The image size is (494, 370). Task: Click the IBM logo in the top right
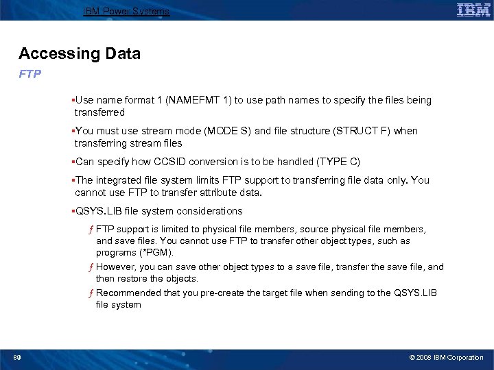coord(473,10)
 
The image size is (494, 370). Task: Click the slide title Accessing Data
coord(80,53)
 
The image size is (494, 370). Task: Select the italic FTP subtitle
coord(30,73)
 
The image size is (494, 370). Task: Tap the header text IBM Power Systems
coord(126,12)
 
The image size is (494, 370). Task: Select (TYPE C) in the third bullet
coord(338,162)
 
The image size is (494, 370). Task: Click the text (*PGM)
coord(157,253)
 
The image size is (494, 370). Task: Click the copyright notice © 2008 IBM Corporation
coord(446,358)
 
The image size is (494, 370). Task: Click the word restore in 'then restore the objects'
coord(134,279)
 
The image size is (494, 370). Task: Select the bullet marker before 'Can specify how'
coord(73,162)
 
